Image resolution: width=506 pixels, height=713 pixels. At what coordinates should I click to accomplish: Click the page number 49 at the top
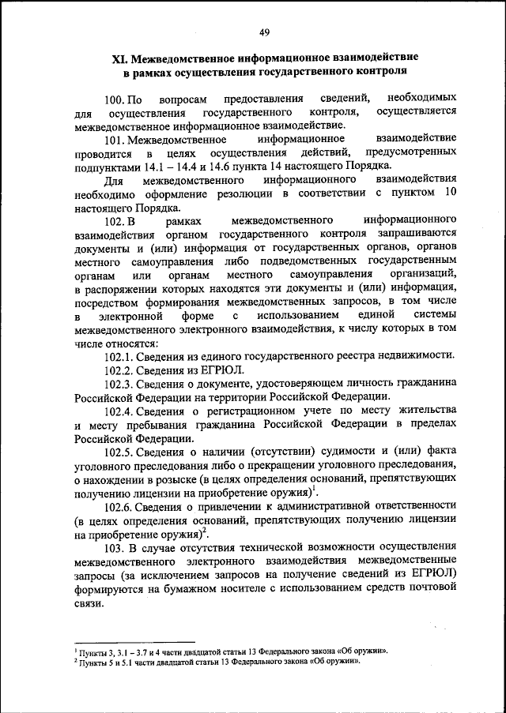[x=265, y=32]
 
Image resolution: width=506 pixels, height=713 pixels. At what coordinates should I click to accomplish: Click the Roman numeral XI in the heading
[x=119, y=59]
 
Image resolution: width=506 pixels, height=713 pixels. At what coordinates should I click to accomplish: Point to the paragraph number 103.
[x=115, y=548]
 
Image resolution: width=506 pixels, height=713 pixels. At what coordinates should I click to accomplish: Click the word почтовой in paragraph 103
[x=435, y=589]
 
